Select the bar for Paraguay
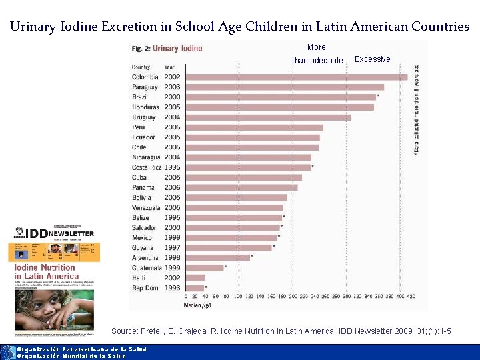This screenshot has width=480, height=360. click(x=284, y=87)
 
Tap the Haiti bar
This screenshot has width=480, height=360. click(x=195, y=277)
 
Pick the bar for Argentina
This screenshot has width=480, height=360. click(x=217, y=257)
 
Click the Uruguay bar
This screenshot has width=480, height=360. click(x=267, y=117)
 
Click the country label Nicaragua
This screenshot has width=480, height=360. click(x=147, y=157)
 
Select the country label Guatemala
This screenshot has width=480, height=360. click(x=147, y=267)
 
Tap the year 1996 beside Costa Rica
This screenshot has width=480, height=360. click(x=172, y=167)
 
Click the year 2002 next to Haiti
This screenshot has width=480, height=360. click(x=172, y=277)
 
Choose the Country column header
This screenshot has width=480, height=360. click(x=141, y=67)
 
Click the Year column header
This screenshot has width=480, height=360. click(x=170, y=67)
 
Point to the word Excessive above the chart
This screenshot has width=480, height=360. click(x=373, y=59)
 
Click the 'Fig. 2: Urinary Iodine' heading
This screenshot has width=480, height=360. click(x=167, y=49)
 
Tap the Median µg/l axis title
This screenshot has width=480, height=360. click(x=197, y=305)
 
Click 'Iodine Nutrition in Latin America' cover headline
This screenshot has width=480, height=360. click(x=46, y=272)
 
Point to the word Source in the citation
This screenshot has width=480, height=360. click(x=124, y=331)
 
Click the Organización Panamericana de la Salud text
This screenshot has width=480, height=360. click(x=81, y=349)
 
